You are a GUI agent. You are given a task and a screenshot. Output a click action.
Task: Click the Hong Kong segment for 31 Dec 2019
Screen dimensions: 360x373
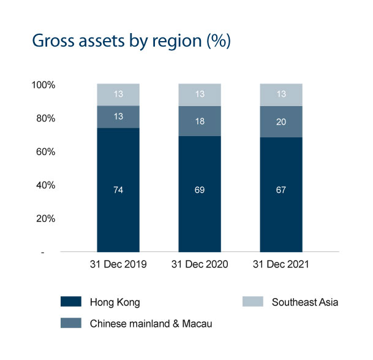(118, 190)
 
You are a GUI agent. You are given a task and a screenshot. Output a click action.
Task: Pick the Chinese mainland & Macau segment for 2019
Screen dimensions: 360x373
(118, 117)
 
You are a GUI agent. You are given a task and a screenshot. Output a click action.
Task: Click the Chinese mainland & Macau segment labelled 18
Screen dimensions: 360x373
(200, 121)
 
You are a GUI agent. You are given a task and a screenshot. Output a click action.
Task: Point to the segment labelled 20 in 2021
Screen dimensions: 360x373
(281, 122)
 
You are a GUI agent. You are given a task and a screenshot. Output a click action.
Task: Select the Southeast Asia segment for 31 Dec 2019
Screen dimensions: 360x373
(118, 94)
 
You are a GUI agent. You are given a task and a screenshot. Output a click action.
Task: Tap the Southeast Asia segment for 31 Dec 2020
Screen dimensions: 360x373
(200, 94)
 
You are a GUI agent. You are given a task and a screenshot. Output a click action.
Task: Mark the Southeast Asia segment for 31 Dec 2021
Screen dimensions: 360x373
(281, 94)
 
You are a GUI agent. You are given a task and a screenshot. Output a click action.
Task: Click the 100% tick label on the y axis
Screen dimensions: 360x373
(43, 85)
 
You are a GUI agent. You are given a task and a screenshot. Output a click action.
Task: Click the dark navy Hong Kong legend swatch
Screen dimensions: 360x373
(71, 302)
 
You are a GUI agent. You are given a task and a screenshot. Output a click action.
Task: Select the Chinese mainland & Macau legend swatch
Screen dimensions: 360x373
(71, 323)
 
